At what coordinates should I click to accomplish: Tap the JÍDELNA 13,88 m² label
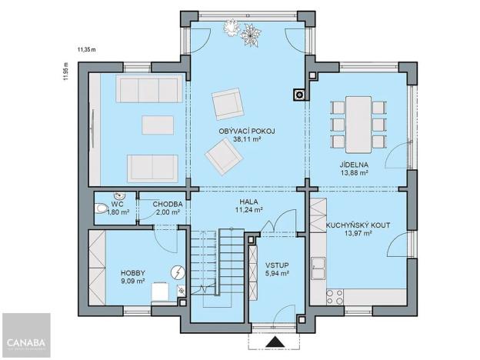pyautogui.click(x=355, y=169)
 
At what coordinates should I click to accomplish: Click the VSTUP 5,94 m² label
pyautogui.click(x=277, y=268)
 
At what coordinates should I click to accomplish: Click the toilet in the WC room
pyautogui.click(x=100, y=209)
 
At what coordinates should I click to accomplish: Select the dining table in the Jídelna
pyautogui.click(x=356, y=124)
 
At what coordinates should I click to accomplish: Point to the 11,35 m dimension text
pyautogui.click(x=86, y=49)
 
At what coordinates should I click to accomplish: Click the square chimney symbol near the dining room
pyautogui.click(x=298, y=95)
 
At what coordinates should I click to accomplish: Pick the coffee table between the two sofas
pyautogui.click(x=158, y=125)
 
